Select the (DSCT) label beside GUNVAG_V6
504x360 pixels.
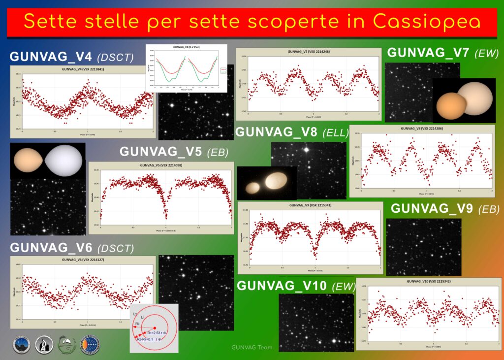pyautogui.click(x=116, y=248)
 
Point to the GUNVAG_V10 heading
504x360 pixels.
pyautogui.click(x=283, y=286)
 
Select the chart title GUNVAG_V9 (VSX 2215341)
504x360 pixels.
pyautogui.click(x=310, y=205)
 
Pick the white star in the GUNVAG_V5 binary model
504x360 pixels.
pyautogui.click(x=63, y=161)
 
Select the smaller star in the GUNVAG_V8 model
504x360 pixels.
pyautogui.click(x=253, y=188)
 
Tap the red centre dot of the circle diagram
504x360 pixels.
pyautogui.click(x=155, y=327)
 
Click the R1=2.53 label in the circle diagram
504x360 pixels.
pyautogui.click(x=157, y=333)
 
